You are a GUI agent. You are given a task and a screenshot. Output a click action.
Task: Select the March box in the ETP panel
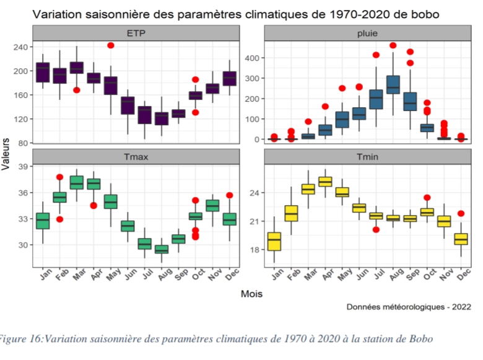pos(76,68)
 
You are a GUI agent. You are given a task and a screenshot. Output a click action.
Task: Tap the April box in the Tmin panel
pos(324,182)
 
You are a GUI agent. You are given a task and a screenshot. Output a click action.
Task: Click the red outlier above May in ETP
pos(111,45)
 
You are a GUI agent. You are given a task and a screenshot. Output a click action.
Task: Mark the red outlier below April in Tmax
pos(94,205)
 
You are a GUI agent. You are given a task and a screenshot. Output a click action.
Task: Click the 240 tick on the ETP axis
pos(20,47)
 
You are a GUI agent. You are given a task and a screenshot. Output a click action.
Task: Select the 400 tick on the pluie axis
pos(250,58)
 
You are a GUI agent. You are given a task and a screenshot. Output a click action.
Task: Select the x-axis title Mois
pos(251,294)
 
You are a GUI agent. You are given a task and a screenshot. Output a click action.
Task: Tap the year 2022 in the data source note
pos(460,307)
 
